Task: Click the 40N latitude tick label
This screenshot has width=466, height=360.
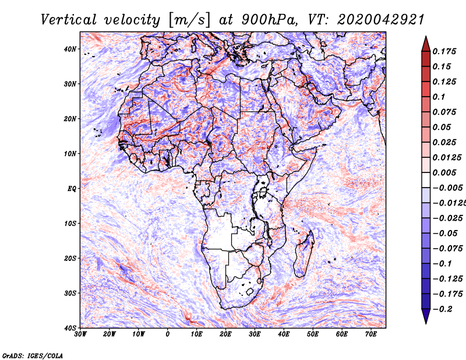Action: (70, 49)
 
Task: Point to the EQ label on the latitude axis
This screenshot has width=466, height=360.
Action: (72, 189)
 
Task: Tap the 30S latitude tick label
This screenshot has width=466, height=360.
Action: (70, 293)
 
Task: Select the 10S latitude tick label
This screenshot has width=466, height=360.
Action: (70, 224)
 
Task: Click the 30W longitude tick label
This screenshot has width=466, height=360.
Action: (81, 334)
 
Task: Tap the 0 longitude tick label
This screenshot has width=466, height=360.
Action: (168, 334)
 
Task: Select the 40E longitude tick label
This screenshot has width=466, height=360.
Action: (284, 334)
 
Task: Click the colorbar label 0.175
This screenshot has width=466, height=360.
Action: (443, 51)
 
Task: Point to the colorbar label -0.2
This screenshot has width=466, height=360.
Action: (443, 309)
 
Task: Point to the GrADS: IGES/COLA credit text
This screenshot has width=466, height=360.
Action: (33, 355)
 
